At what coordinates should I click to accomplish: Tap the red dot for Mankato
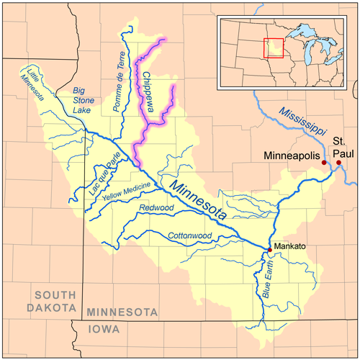[270, 250]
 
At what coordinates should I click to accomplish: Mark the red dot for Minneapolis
[324, 163]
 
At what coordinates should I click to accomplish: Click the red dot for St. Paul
[338, 163]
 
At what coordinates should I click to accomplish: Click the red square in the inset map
[274, 48]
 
